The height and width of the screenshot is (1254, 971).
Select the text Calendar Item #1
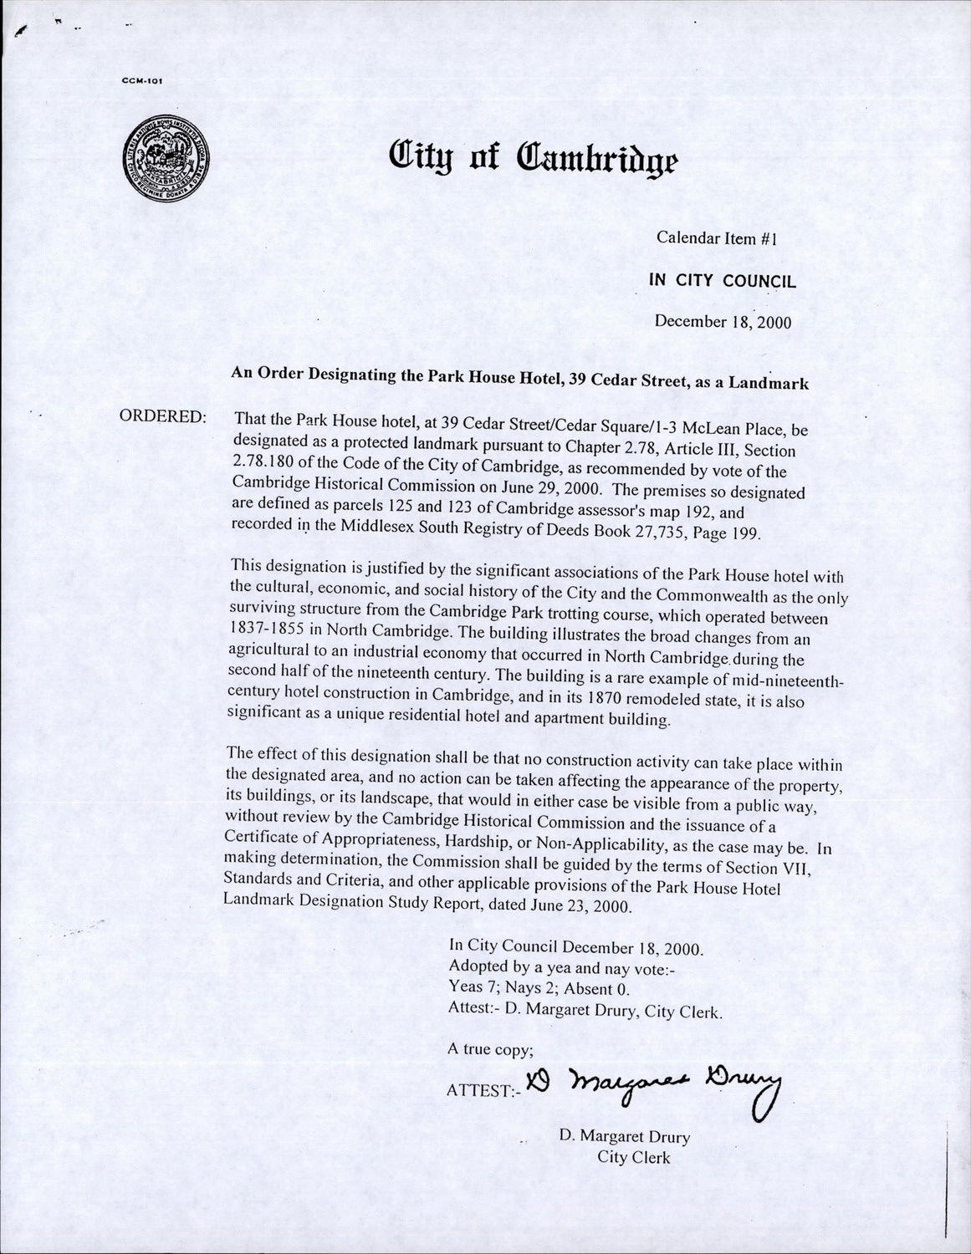coord(718,237)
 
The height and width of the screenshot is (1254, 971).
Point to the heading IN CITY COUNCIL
coord(723,281)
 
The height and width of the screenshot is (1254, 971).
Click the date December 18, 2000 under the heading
coord(722,321)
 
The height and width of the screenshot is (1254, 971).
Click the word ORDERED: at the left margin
coord(164,416)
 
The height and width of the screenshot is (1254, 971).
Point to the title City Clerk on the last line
coord(633,1158)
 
